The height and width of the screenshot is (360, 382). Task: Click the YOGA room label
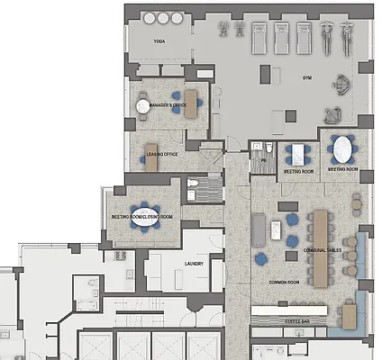[160, 42]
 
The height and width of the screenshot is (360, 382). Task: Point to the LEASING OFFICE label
[162, 155]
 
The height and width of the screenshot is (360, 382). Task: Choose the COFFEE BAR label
[297, 320]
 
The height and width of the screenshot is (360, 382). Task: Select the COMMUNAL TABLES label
[321, 250]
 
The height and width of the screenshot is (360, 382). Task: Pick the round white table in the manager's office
[143, 106]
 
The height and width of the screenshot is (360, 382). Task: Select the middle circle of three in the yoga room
[164, 18]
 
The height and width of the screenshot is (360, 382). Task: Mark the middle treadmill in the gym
[280, 38]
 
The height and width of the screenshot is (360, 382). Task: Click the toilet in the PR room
[258, 148]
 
